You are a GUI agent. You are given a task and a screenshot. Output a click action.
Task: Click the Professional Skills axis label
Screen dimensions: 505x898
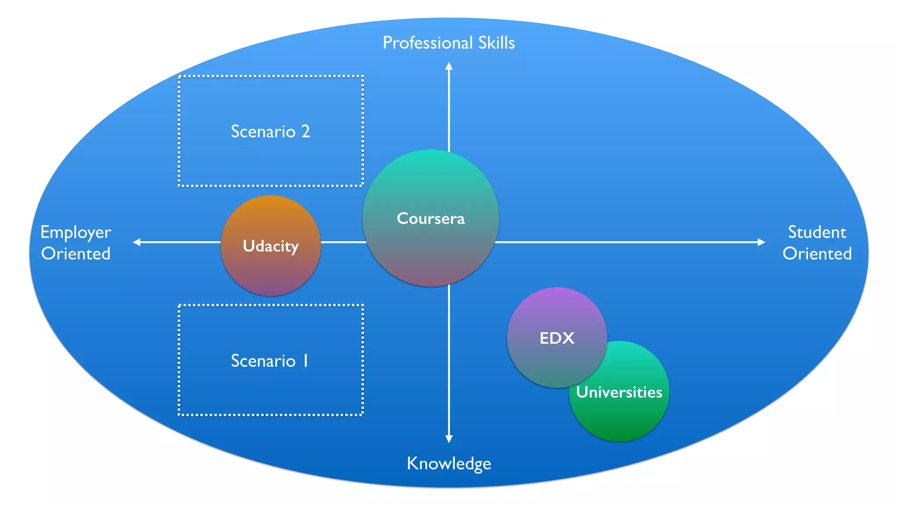(x=449, y=43)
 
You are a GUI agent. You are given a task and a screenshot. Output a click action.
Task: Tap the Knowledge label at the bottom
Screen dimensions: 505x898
(x=449, y=464)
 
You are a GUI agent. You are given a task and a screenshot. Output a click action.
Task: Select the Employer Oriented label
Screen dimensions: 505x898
(x=75, y=243)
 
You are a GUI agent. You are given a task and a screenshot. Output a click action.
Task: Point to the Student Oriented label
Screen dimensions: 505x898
(x=817, y=243)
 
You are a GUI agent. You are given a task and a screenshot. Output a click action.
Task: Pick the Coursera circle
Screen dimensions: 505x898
(x=431, y=245)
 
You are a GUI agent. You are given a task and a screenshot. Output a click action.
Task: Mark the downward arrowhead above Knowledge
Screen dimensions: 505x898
(x=449, y=439)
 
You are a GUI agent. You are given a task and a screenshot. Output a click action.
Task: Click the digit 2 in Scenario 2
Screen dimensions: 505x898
(x=306, y=132)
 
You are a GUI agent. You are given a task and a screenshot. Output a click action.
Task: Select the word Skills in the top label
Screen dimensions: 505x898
(x=496, y=43)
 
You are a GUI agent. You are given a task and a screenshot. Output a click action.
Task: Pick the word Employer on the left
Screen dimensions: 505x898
(x=75, y=232)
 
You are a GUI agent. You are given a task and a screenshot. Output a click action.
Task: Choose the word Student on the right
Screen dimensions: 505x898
(x=817, y=232)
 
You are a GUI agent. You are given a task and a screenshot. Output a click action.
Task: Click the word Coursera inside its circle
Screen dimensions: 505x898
(x=431, y=218)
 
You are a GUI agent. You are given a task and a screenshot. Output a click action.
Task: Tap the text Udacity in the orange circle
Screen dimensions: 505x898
(x=271, y=246)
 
